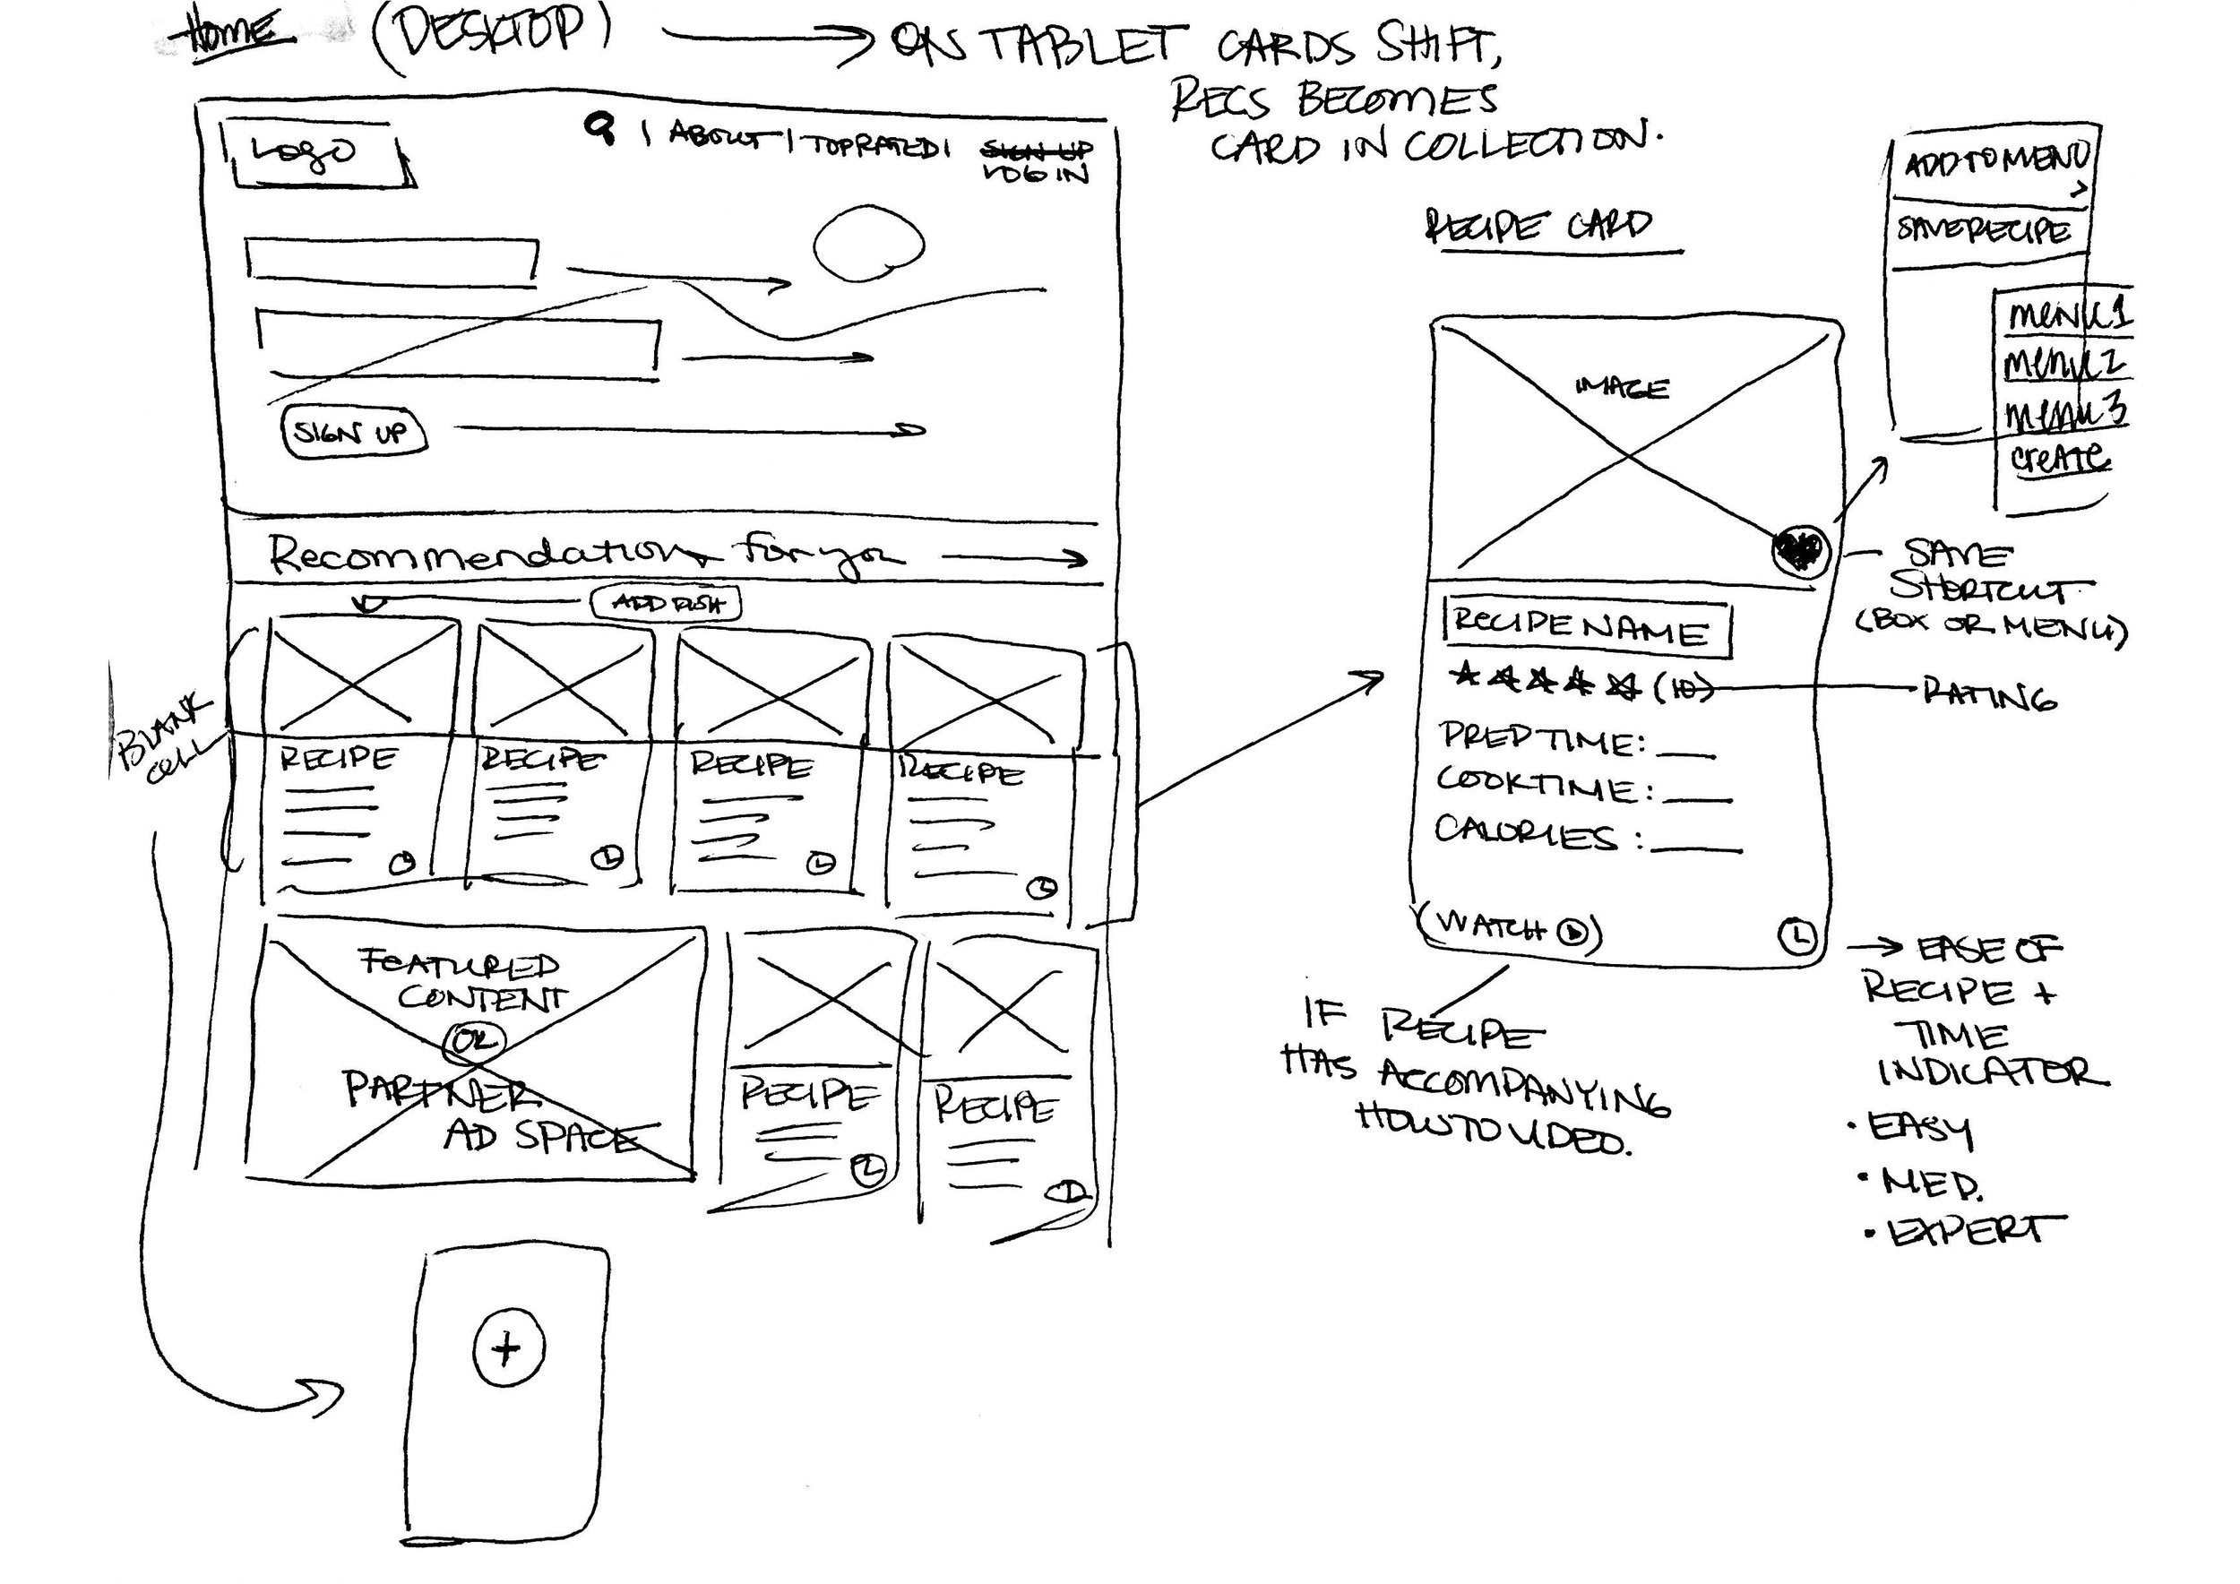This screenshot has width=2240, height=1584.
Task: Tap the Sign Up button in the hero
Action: (x=354, y=432)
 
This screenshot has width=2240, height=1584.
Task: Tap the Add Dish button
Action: (x=668, y=604)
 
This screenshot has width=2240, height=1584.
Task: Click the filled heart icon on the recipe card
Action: (x=1798, y=551)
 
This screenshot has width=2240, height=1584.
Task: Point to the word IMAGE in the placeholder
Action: (x=1621, y=388)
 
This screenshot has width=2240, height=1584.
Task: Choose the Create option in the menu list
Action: (x=2058, y=458)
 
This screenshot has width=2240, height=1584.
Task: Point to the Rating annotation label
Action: (x=1989, y=694)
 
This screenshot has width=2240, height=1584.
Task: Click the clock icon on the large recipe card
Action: (x=1798, y=936)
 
